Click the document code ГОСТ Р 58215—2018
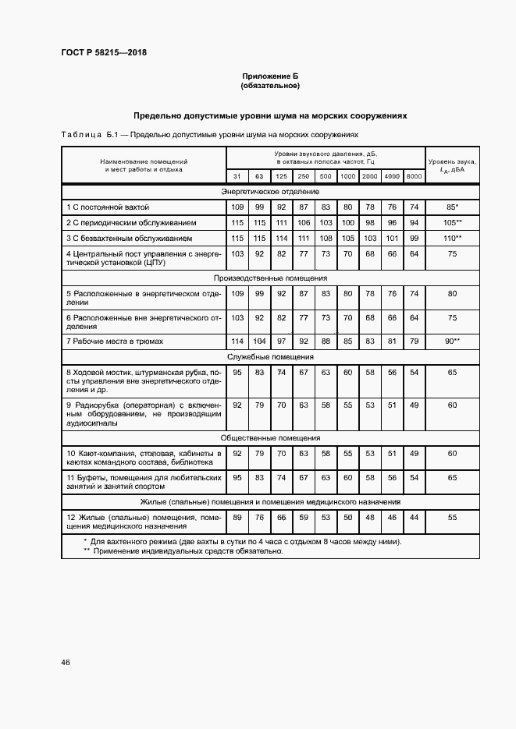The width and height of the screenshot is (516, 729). click(104, 53)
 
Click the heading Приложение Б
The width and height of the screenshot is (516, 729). click(270, 76)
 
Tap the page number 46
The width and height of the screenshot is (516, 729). click(66, 662)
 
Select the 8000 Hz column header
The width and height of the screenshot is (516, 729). click(414, 176)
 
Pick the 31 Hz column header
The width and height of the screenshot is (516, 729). click(237, 176)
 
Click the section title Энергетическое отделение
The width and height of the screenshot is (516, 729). click(270, 191)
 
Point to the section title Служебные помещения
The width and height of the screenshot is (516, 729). click(270, 356)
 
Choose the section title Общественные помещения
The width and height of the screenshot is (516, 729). click(270, 438)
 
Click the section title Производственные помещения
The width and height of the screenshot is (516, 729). click(270, 278)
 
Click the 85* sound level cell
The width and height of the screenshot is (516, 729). click(452, 207)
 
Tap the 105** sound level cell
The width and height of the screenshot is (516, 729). click(452, 222)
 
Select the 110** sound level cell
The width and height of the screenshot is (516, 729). click(452, 237)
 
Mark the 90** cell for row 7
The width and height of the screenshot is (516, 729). click(452, 341)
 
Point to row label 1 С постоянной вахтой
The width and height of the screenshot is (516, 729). click(107, 207)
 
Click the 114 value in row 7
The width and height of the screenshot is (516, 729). click(237, 341)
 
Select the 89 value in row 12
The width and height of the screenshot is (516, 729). click(237, 518)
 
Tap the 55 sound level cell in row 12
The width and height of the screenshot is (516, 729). click(452, 518)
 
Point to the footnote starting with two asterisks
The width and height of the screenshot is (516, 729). click(183, 551)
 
